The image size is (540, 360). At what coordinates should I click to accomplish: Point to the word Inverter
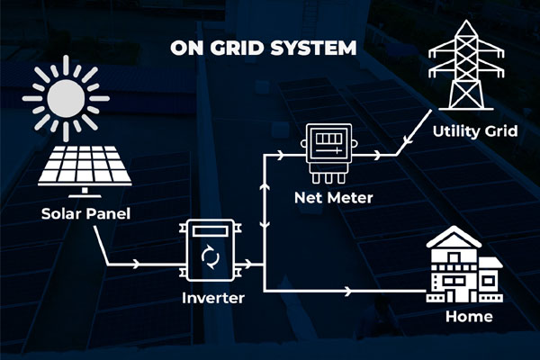[x=214, y=298]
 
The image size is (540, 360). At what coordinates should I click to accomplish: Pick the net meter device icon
[x=328, y=153]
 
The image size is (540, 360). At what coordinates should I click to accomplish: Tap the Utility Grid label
[x=473, y=131]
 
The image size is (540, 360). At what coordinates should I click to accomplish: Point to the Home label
[x=469, y=317]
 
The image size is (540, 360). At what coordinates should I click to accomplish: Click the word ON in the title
[x=186, y=47]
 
